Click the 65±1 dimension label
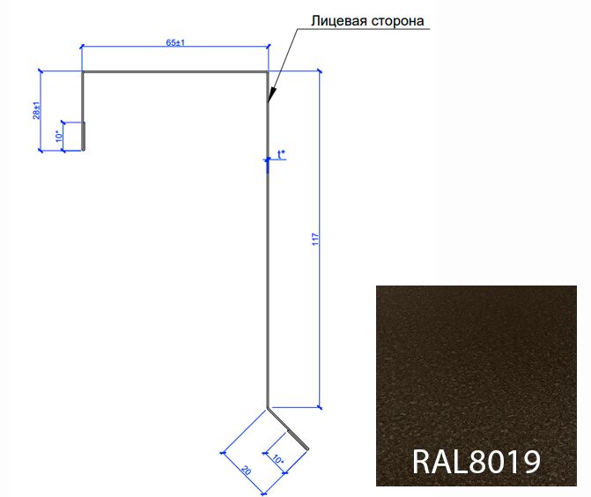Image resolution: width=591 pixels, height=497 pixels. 174,42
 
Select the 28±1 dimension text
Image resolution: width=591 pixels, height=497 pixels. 37,109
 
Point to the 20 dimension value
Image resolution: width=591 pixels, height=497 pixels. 246,471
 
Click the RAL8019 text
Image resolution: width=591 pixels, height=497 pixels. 476,461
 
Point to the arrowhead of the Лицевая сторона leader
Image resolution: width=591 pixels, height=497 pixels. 270,100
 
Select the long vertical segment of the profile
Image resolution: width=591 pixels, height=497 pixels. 267,264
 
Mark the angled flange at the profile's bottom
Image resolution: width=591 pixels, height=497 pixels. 288,428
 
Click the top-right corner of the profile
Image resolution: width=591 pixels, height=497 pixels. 267,72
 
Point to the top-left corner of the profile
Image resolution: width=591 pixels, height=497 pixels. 82,72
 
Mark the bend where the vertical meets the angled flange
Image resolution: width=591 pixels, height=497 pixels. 267,408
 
